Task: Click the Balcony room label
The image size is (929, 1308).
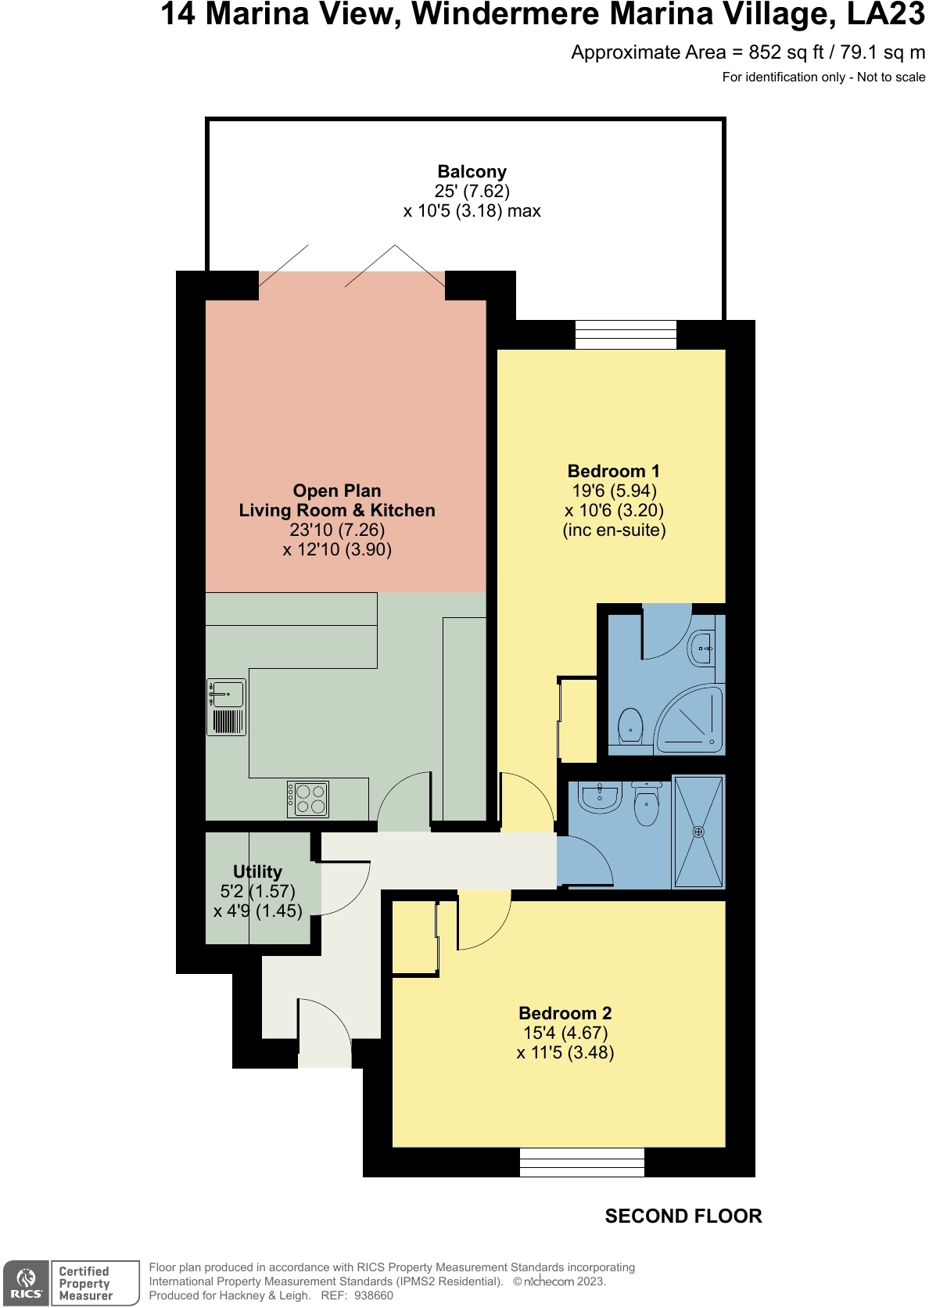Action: click(x=472, y=171)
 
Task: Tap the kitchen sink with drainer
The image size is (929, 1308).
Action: click(x=227, y=707)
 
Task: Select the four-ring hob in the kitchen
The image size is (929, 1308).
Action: click(x=307, y=800)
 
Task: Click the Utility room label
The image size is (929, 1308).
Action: click(x=257, y=871)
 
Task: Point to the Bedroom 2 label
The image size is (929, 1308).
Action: click(x=565, y=1013)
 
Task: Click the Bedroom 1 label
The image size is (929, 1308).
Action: click(x=613, y=471)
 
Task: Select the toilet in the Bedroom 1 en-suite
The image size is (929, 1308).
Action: click(x=629, y=726)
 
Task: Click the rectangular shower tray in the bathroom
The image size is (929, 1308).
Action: click(x=698, y=832)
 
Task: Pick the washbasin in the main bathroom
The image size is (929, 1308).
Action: click(x=600, y=796)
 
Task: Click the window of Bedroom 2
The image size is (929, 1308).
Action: click(x=582, y=1162)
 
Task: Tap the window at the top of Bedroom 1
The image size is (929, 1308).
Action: click(x=626, y=335)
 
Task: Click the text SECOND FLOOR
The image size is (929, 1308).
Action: click(x=683, y=1216)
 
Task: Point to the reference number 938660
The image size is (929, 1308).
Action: click(x=373, y=1295)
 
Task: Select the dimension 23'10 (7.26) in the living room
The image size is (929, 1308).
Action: click(x=337, y=530)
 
